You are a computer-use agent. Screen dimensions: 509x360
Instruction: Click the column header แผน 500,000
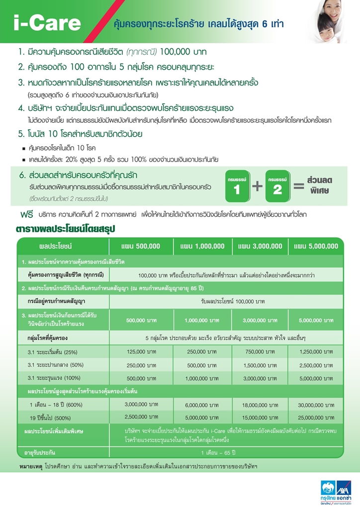pyautogui.click(x=141, y=246)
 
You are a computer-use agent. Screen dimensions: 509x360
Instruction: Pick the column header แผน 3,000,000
pyautogui.click(x=260, y=246)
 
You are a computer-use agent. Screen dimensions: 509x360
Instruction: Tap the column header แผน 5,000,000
pyautogui.click(x=316, y=246)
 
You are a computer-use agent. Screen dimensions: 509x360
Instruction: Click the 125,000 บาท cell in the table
pyautogui.click(x=141, y=351)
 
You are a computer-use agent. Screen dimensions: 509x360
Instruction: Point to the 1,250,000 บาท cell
pyautogui.click(x=316, y=351)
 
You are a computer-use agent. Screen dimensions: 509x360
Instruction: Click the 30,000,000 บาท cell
pyautogui.click(x=316, y=405)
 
